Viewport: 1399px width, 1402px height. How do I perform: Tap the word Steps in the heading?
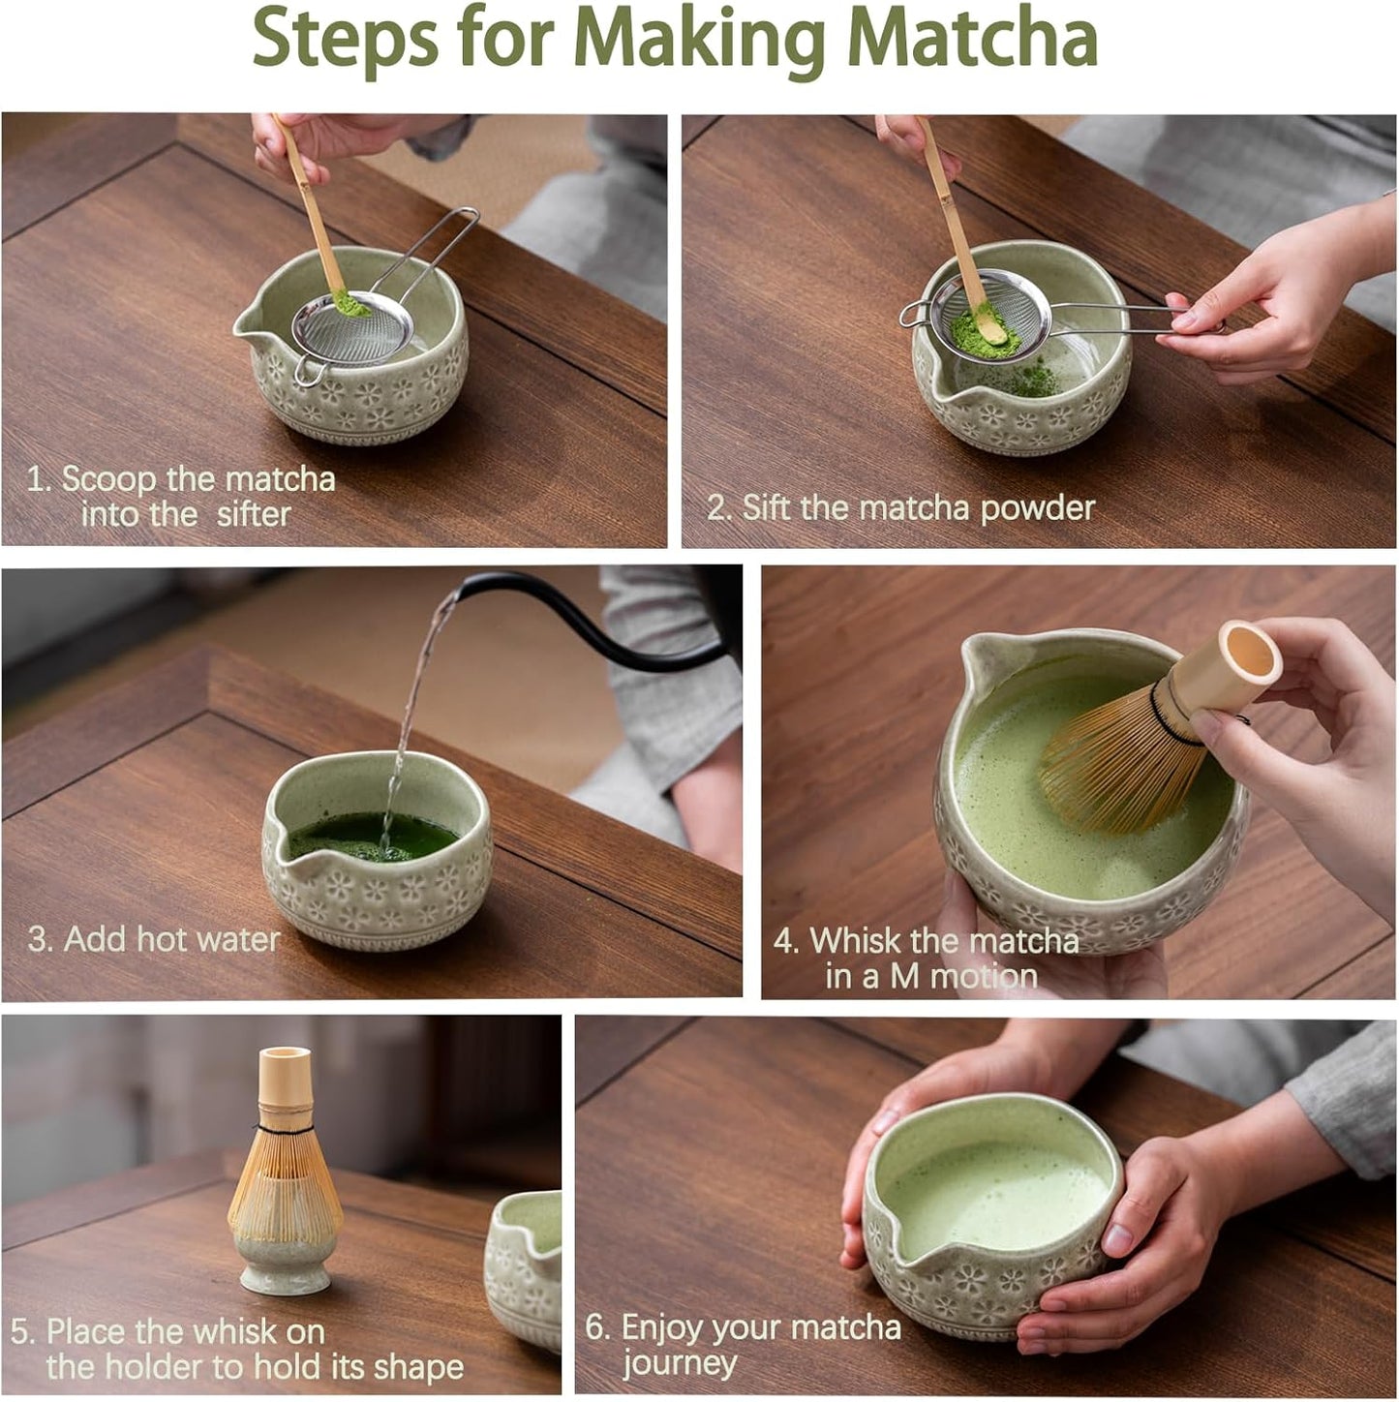pyautogui.click(x=344, y=39)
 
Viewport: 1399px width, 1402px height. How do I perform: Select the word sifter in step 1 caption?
pyautogui.click(x=254, y=514)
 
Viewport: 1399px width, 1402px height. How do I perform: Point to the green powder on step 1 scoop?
pyautogui.click(x=350, y=304)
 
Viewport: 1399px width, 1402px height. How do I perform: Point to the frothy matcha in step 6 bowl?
pyautogui.click(x=997, y=1196)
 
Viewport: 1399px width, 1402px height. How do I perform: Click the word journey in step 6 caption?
pyautogui.click(x=680, y=1363)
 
